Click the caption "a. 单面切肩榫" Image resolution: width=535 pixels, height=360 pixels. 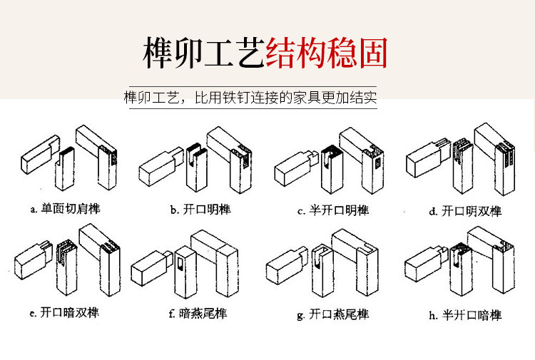pos(65,208)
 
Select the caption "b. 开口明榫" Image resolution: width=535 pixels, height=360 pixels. pos(200,210)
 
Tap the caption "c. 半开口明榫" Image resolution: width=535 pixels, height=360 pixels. pos(333,210)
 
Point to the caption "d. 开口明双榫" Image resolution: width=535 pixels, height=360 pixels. pos(465,211)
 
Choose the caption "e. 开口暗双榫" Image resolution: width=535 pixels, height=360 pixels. pos(64,312)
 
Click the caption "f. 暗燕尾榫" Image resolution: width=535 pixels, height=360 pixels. pos(198,313)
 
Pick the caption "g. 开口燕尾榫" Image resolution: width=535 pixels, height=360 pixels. pos(332,314)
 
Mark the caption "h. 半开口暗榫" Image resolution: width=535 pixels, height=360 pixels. pos(465,315)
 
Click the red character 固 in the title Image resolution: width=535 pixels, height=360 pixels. pos(373,53)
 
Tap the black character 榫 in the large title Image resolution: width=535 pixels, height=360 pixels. pos(158,53)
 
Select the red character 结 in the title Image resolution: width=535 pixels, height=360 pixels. pos(281,53)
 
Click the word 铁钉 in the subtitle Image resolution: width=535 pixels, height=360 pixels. pos(236,98)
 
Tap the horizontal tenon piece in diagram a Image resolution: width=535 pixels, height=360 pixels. pos(40,154)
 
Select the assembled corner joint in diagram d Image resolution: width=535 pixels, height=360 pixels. pos(495,158)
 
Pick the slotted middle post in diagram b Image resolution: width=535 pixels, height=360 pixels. pos(197,167)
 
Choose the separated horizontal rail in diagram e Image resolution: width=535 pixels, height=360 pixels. pos(33,260)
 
